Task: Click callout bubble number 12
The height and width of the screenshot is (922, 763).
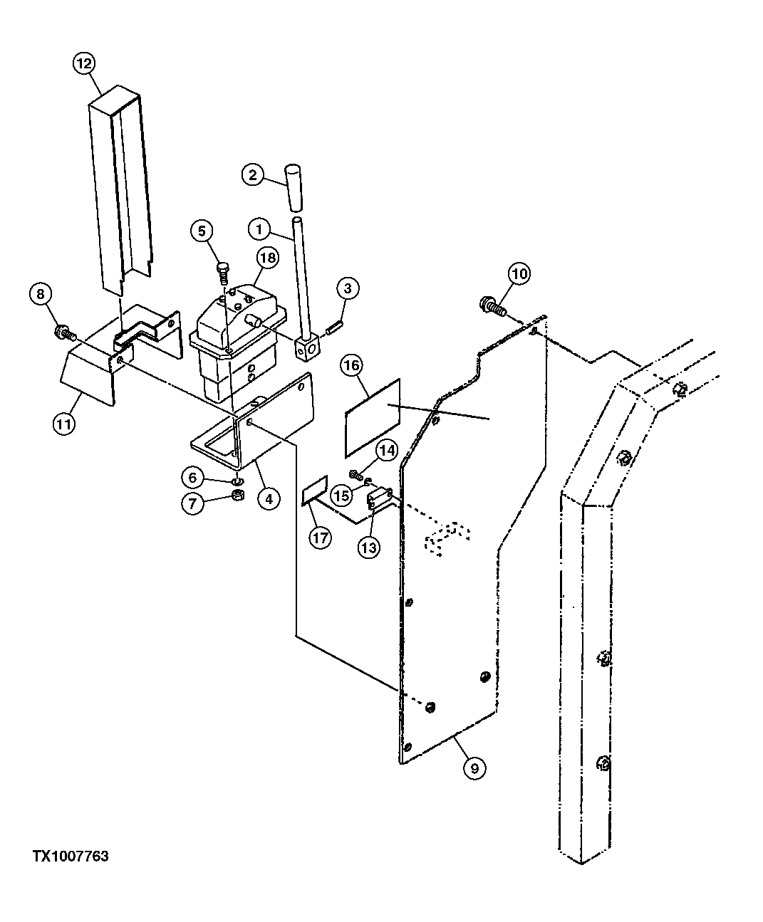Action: (83, 64)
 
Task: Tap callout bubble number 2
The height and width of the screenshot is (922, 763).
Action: (253, 174)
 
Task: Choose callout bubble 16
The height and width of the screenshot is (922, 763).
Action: (351, 367)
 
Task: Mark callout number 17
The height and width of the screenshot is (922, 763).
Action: (320, 537)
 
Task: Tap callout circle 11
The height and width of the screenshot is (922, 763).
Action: (64, 425)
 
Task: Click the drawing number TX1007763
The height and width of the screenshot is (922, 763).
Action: (70, 856)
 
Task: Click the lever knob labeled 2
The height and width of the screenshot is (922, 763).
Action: (294, 187)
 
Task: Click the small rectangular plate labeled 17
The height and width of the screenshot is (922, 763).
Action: (315, 491)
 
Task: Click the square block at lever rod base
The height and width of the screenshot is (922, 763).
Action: (308, 347)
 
